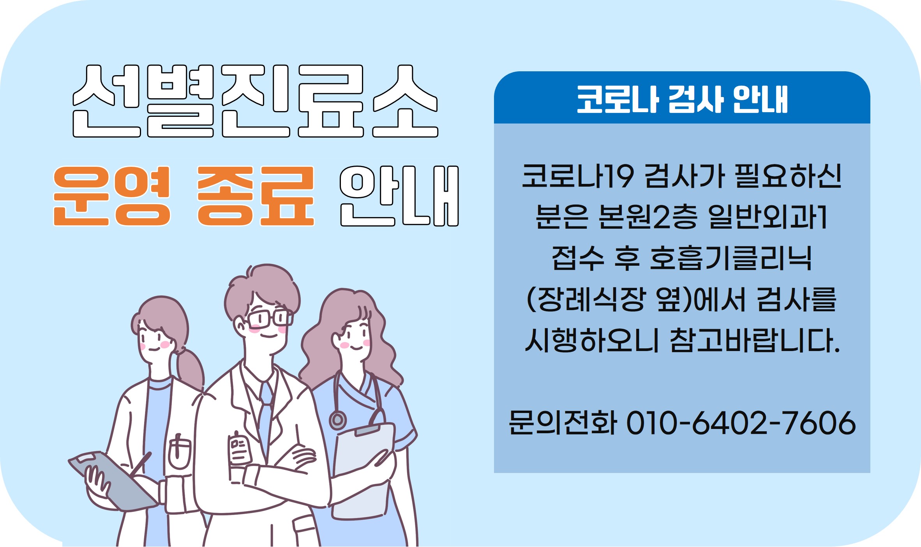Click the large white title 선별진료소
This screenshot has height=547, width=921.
256,101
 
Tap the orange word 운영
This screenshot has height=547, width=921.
112,196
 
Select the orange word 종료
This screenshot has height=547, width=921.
256,196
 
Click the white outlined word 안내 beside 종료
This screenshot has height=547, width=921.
399,196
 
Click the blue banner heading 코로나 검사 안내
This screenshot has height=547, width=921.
682,99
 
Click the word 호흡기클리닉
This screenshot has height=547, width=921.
731,258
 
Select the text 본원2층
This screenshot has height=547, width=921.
648,217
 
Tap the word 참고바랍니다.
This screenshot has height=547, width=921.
755,341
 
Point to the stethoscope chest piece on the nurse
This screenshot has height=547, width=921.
338,420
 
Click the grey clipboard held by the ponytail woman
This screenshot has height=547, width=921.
113,482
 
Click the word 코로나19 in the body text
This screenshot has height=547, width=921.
577,176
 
